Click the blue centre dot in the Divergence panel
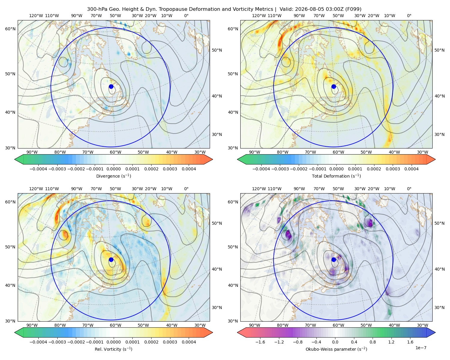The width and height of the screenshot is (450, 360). pyautogui.click(x=111, y=87)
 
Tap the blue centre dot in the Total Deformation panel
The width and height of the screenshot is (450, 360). pyautogui.click(x=334, y=87)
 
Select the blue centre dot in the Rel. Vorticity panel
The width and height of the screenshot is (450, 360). pyautogui.click(x=111, y=259)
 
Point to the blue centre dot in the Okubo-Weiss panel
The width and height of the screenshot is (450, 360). pyautogui.click(x=334, y=259)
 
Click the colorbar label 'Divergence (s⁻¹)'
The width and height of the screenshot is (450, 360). pyautogui.click(x=113, y=176)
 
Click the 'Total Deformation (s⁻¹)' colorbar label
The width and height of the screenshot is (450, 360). pyautogui.click(x=336, y=176)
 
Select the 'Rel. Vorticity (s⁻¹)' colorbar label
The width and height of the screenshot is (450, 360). pyautogui.click(x=113, y=349)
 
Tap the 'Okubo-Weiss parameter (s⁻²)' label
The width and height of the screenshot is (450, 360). pyautogui.click(x=336, y=349)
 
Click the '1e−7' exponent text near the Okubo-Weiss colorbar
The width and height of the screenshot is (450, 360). pyautogui.click(x=421, y=348)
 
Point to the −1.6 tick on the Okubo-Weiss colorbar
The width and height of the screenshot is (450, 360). pyautogui.click(x=260, y=342)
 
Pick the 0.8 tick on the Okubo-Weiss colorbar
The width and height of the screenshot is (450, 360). pyautogui.click(x=373, y=342)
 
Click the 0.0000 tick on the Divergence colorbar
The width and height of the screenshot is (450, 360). pyautogui.click(x=113, y=169)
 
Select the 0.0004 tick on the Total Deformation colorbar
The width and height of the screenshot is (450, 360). pyautogui.click(x=411, y=169)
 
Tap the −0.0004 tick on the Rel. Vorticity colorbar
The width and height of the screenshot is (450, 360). pyautogui.click(x=38, y=342)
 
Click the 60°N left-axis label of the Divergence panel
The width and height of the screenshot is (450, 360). pyautogui.click(x=10, y=29)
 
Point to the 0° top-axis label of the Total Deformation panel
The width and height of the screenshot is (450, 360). pyautogui.click(x=409, y=16)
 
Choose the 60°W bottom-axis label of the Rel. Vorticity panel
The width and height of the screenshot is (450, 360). pyautogui.click(x=115, y=325)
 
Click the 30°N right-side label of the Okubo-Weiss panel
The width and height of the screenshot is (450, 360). pyautogui.click(x=439, y=307)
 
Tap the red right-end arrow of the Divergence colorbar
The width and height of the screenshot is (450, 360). pyautogui.click(x=208, y=159)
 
